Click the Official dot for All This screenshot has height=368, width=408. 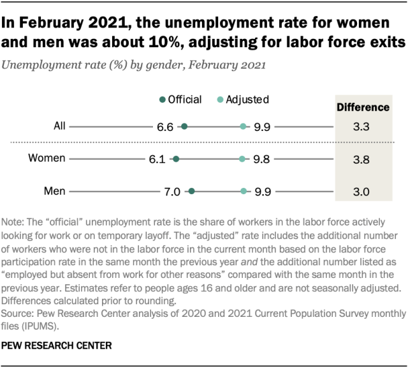pyautogui.click(x=184, y=127)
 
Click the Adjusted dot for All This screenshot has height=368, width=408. pyautogui.click(x=243, y=127)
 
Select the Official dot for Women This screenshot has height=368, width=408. pyautogui.click(x=176, y=159)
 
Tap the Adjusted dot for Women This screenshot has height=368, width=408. pyautogui.click(x=242, y=159)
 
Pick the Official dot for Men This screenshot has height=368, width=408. pyautogui.click(x=192, y=190)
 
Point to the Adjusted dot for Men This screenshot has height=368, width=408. pyautogui.click(x=243, y=190)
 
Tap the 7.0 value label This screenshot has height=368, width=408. pyautogui.click(x=173, y=190)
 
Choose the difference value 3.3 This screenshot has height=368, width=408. pyautogui.click(x=361, y=127)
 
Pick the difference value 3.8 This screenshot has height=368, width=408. pyautogui.click(x=361, y=159)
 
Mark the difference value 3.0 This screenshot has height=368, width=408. pyautogui.click(x=361, y=190)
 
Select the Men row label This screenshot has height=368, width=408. pyautogui.click(x=50, y=190)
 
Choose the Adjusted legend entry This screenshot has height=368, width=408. pyautogui.click(x=242, y=99)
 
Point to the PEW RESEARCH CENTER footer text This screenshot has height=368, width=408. pyautogui.click(x=57, y=346)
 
